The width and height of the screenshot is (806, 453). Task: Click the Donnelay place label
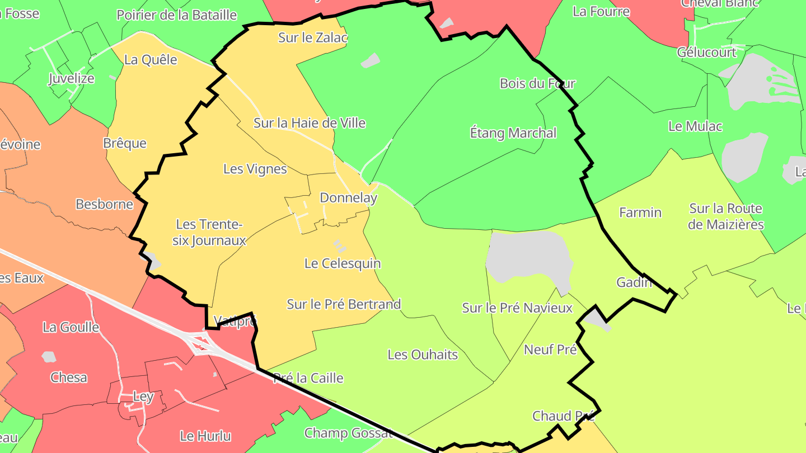click(348, 198)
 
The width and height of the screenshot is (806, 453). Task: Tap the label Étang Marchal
click(513, 133)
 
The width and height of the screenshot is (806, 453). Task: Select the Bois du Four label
click(537, 84)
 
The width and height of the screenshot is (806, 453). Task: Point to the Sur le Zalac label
click(313, 38)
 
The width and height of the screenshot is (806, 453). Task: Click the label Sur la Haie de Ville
click(310, 123)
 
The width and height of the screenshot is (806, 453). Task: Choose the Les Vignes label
click(255, 169)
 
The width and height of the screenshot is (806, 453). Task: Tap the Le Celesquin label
click(342, 263)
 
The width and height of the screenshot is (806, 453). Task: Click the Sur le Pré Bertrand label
click(344, 305)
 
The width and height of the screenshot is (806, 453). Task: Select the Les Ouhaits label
click(423, 355)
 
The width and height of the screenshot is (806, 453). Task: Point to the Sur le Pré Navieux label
click(517, 308)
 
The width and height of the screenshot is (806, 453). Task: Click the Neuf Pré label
click(550, 350)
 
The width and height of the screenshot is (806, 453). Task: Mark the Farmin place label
click(640, 213)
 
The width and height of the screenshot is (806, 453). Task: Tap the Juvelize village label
click(71, 78)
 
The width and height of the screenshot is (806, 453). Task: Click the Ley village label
click(143, 397)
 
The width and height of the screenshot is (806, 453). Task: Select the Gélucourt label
click(706, 53)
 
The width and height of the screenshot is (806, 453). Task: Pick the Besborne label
click(105, 204)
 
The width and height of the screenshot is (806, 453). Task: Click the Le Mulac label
click(695, 126)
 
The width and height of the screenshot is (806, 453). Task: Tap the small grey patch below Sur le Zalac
click(370, 60)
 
